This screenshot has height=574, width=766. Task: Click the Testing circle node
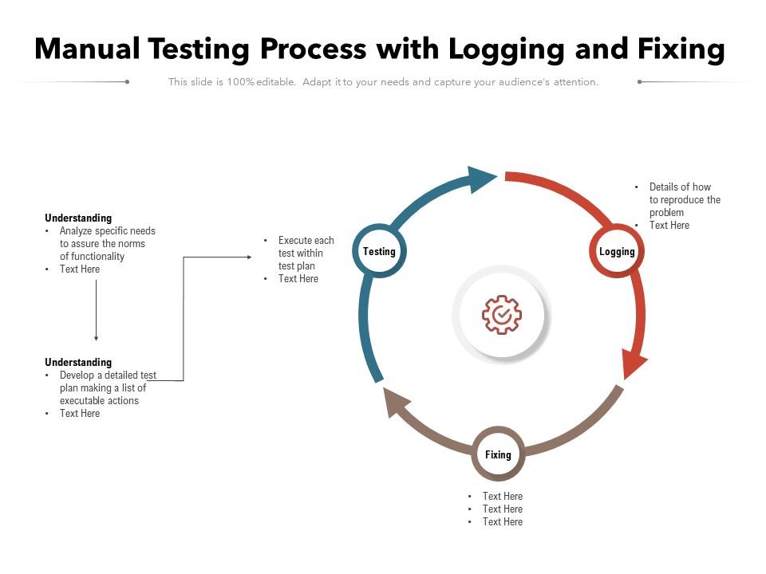point(379,252)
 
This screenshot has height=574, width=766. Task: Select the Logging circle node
point(617,252)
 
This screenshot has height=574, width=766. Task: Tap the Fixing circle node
point(498,454)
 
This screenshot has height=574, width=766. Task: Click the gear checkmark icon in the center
point(502,315)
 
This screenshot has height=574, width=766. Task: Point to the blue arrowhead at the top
point(481,179)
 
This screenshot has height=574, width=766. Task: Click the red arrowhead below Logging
point(634,365)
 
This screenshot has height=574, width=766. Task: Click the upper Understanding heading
point(78,218)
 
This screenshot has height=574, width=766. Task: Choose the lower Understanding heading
point(78,362)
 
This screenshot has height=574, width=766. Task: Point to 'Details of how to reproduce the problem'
point(684,200)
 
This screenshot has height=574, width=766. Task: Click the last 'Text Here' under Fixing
point(502,521)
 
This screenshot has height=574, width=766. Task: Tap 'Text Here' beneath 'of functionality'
point(80,269)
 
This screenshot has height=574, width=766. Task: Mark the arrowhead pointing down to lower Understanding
point(96,338)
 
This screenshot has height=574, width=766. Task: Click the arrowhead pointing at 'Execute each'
point(247,257)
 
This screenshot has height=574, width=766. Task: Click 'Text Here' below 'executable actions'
point(80,414)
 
